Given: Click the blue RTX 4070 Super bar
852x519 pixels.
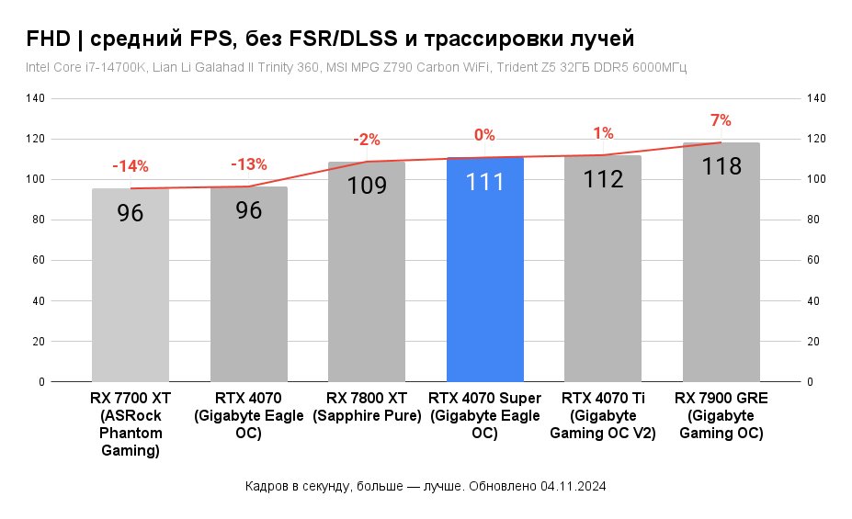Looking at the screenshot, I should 484,276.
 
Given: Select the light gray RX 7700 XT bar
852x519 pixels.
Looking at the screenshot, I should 131,294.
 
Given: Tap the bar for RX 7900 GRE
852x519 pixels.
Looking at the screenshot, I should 721,276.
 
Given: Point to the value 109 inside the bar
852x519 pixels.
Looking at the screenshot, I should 367,185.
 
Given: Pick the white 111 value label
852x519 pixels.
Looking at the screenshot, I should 484,181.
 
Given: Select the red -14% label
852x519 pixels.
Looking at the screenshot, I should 131,166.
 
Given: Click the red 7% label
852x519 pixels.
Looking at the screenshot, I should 721,120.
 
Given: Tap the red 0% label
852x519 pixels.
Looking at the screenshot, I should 484,135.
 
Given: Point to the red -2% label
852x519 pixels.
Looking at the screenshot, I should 367,140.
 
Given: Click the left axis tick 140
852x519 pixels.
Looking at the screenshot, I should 40,98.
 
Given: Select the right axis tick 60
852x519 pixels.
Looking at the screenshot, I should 815,260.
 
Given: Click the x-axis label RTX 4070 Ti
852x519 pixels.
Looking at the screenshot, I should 602,398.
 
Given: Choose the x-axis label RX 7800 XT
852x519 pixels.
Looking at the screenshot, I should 367,398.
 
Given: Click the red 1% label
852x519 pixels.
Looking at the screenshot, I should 603,133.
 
